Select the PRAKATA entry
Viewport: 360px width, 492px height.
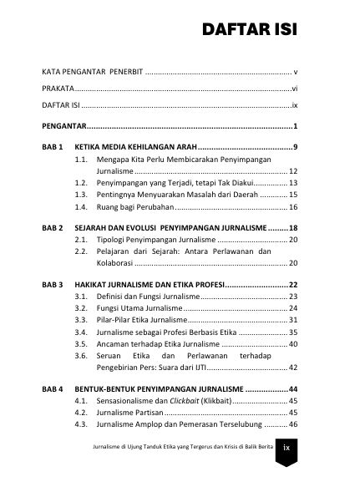coord(59,87)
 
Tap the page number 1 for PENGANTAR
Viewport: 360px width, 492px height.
coord(296,126)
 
